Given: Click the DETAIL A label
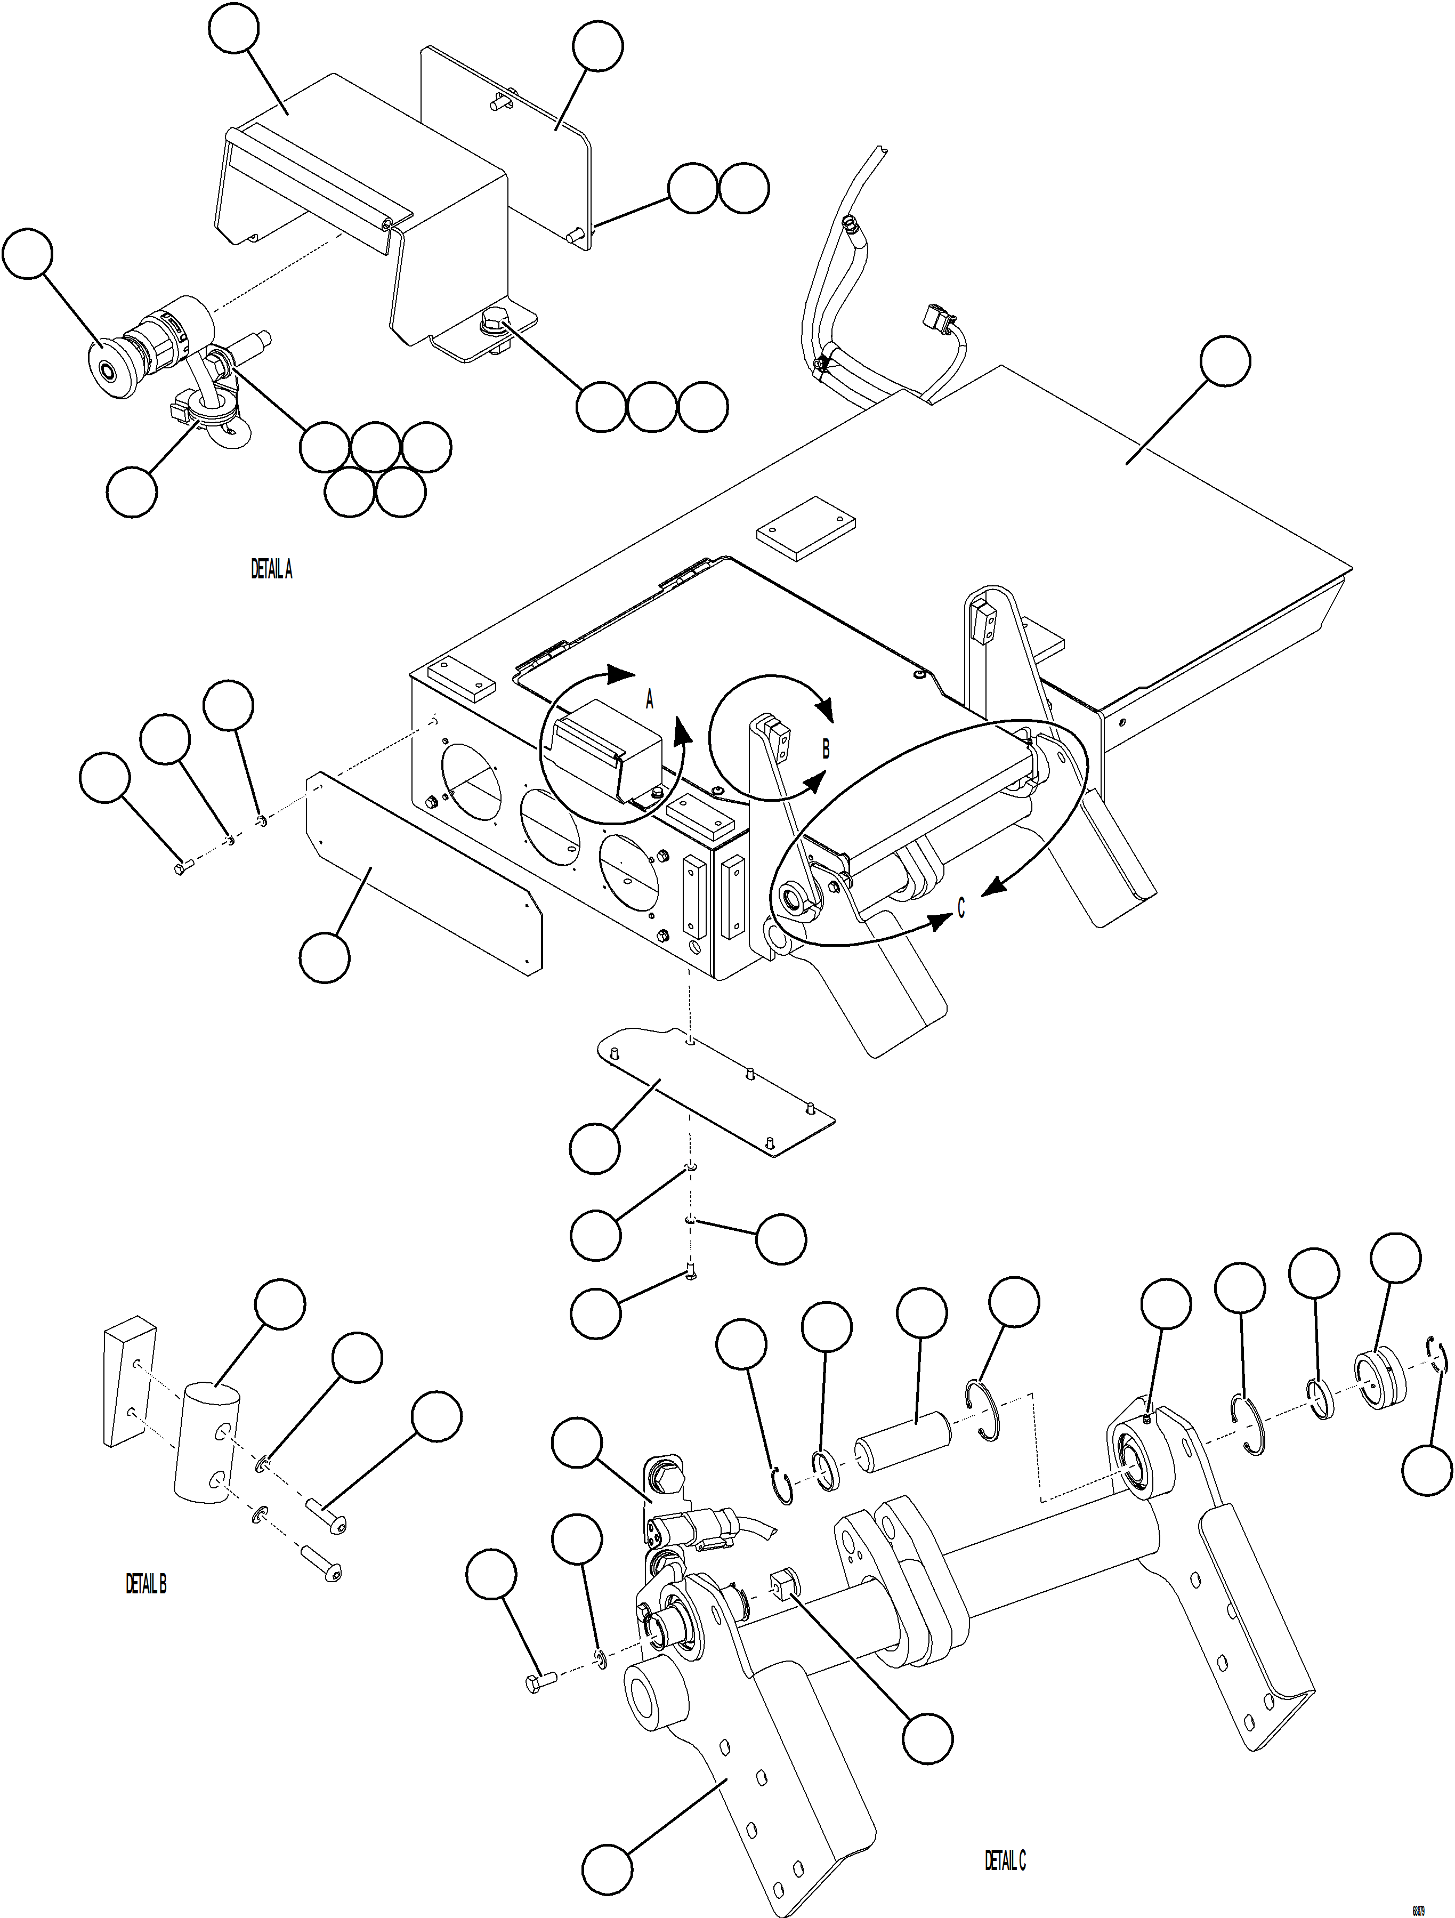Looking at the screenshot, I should click(x=271, y=570).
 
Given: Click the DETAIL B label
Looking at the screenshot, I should click(x=145, y=1584).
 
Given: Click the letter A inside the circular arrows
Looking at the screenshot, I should click(x=650, y=700).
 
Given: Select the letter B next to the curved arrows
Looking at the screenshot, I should click(x=826, y=748).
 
